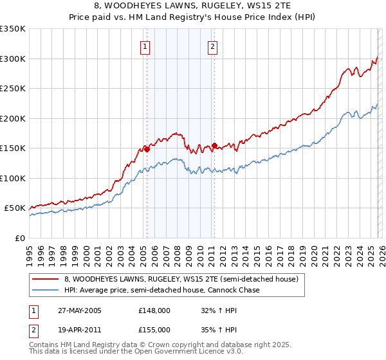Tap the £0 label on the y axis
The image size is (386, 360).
click(x=19, y=238)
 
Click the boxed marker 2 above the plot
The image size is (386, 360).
click(x=212, y=46)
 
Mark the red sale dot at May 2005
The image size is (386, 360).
click(x=147, y=149)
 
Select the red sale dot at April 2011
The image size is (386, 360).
click(x=214, y=145)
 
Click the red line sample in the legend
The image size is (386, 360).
click(x=46, y=280)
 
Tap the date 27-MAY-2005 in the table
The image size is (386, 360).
click(x=84, y=310)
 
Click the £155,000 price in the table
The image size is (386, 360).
click(x=154, y=328)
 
